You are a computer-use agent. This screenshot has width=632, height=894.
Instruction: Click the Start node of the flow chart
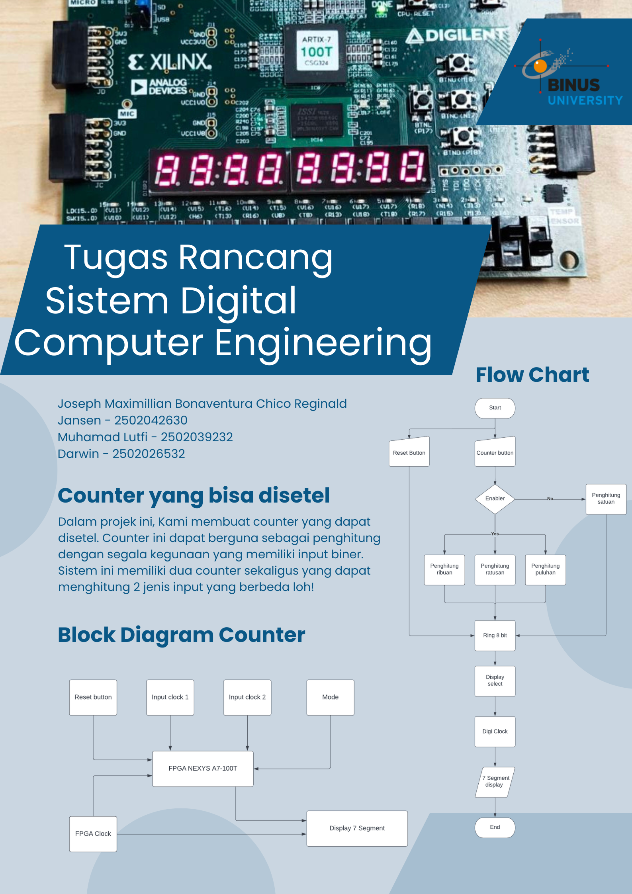(x=495, y=408)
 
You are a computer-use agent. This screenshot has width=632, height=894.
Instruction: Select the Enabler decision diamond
(x=495, y=499)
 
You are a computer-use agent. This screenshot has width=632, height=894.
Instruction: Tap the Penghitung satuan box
(x=606, y=499)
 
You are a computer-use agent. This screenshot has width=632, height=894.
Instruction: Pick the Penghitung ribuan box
(x=444, y=569)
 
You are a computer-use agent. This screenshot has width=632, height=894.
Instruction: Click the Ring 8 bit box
(x=495, y=635)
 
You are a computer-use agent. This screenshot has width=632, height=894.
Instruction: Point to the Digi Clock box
(x=495, y=732)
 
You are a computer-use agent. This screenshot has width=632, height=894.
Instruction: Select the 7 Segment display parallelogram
(x=495, y=781)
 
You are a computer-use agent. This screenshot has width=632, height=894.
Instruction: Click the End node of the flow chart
(x=495, y=827)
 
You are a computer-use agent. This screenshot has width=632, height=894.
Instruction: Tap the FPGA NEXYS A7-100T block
(x=203, y=768)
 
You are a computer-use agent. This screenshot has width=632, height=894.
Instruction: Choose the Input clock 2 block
(x=247, y=697)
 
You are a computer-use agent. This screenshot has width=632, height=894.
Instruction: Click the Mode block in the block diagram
(x=330, y=697)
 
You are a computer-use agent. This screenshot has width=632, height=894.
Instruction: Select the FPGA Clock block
(x=93, y=833)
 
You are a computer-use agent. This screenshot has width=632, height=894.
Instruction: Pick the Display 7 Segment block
(x=357, y=828)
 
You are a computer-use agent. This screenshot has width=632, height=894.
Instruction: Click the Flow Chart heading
(x=532, y=375)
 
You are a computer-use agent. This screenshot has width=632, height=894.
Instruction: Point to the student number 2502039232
(x=197, y=437)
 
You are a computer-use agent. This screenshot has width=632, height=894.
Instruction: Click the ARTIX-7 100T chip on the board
(x=316, y=52)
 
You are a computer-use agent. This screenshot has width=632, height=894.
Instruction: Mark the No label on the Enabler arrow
(x=550, y=499)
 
